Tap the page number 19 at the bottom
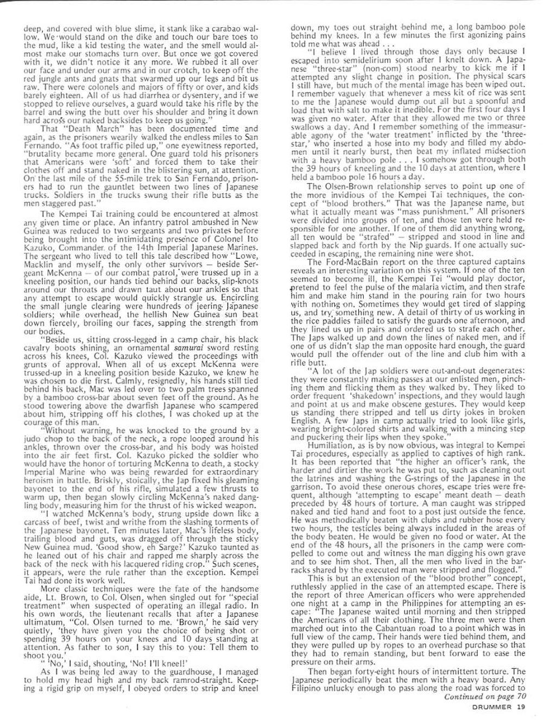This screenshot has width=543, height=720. point(521,706)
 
